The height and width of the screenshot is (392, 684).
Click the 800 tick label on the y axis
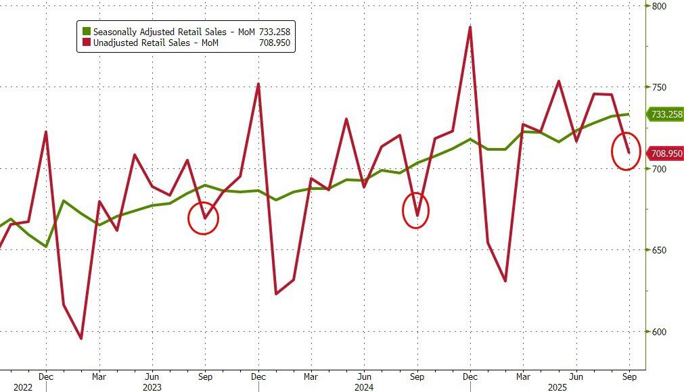(660, 6)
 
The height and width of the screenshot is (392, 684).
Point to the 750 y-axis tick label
(660, 87)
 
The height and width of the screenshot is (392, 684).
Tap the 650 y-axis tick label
(660, 250)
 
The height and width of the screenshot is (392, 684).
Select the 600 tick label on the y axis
(660, 332)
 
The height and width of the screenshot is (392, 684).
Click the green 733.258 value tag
(666, 114)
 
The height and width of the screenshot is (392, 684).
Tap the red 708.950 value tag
(666, 153)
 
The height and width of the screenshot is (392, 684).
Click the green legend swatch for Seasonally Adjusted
(86, 31)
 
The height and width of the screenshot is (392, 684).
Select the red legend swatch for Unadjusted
(86, 43)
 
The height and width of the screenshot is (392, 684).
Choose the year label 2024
(364, 387)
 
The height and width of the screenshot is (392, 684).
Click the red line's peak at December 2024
(470, 27)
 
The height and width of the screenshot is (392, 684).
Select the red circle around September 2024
(416, 210)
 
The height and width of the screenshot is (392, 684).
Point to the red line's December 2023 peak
(258, 84)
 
